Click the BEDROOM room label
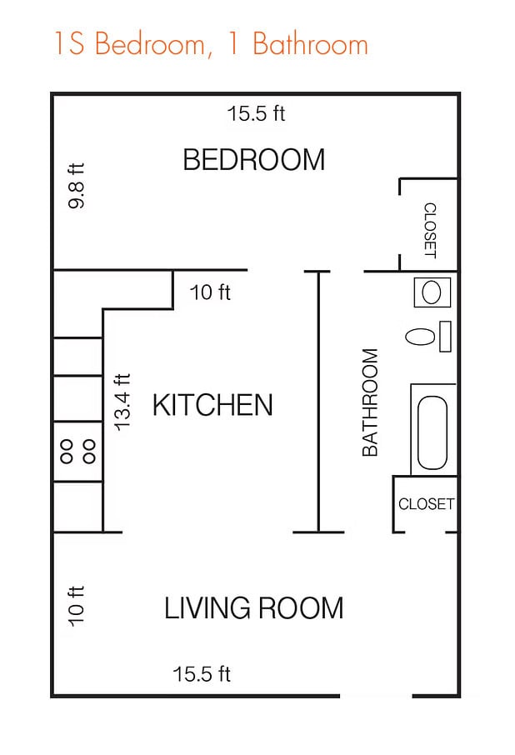254,159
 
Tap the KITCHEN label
212,404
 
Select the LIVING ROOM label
254,607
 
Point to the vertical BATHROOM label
370,402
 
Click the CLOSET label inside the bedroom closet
430,230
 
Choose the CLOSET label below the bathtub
426,503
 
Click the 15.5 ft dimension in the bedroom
256,114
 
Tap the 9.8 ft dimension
76,186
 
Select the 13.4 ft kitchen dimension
122,402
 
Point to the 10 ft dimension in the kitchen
210,292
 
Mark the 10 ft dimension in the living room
76,606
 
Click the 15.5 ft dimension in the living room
202,674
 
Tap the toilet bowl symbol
420,337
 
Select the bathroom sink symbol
432,292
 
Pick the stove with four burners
77,451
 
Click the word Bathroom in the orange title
311,44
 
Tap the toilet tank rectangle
445,337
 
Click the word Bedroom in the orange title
150,44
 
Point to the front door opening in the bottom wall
376,696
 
